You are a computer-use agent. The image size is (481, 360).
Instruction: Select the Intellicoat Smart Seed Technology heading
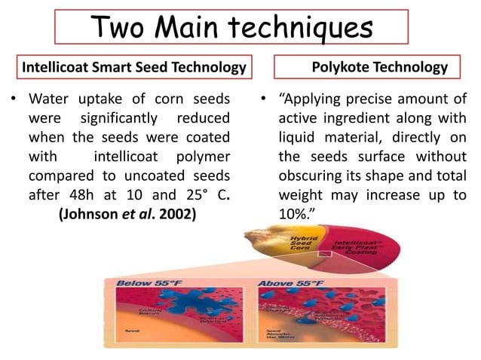[135, 68]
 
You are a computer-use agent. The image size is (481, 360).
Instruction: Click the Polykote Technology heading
[379, 68]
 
